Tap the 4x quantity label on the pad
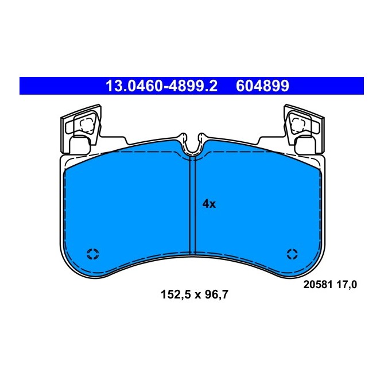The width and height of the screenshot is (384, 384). coord(208,204)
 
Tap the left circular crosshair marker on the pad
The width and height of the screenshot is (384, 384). coord(92,254)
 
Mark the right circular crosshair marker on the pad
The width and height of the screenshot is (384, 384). coord(292,254)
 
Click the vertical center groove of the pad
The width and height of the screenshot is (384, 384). coord(192,207)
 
